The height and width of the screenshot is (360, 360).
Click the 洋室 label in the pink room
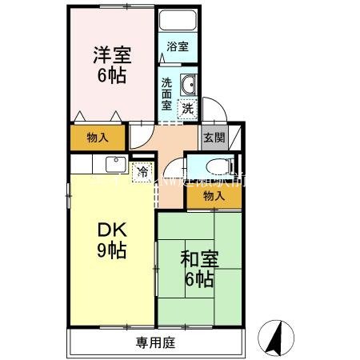111,57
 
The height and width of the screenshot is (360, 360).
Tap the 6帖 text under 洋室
111,78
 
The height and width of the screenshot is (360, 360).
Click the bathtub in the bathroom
178,22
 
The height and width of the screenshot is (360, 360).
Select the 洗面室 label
167,93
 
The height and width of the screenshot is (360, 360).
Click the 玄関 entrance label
212,137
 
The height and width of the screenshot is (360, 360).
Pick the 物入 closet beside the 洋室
98,138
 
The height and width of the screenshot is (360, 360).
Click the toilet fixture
214,166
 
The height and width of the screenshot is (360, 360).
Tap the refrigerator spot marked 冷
143,170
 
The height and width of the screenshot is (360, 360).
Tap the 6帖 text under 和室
198,280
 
